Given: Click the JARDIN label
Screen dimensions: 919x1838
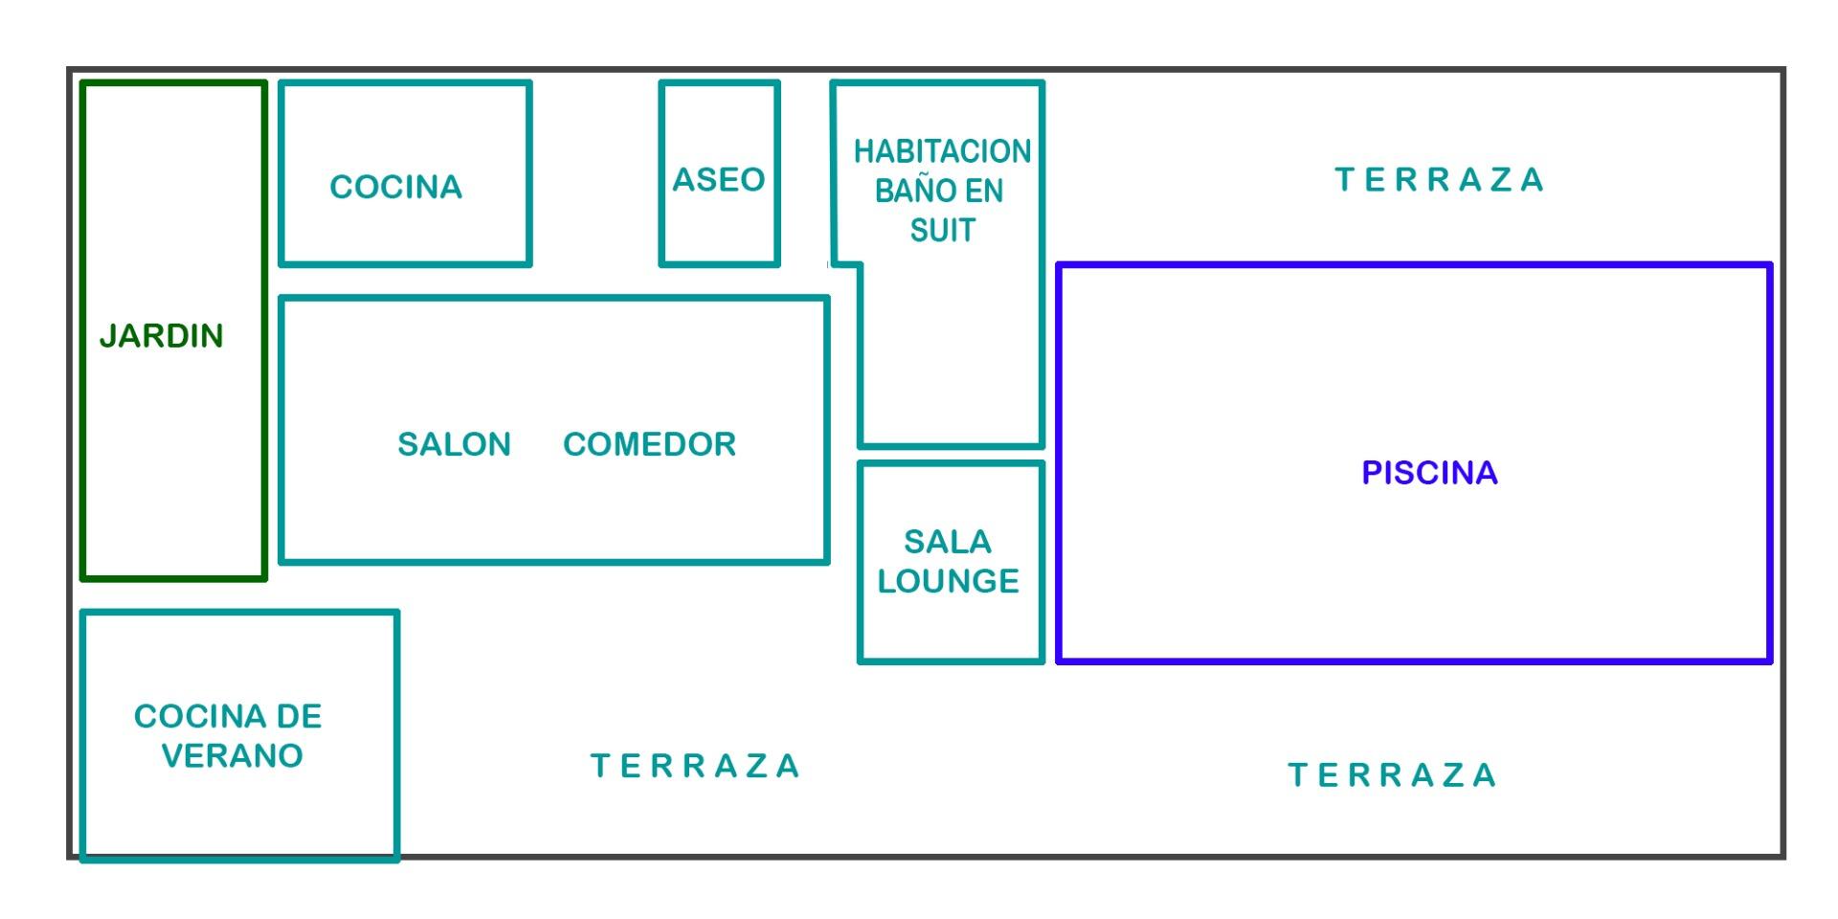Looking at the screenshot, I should coord(161,336).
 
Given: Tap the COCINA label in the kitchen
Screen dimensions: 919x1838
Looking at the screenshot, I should coord(395,187).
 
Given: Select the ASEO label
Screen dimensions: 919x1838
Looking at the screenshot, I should coord(718,179).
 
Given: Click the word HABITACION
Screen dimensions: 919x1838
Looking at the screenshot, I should coord(942,151).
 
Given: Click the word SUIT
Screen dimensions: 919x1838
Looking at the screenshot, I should coord(942,231).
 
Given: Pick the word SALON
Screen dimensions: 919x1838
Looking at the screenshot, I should coord(454,444).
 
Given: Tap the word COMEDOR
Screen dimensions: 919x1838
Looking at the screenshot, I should coord(649,444).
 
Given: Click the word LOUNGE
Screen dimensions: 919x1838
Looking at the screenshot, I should coord(948,581).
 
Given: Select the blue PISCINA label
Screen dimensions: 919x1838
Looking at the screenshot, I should coord(1429,473).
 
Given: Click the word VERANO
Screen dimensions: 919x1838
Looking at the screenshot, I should coord(232,756).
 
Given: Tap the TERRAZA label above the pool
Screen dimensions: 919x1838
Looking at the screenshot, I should coord(1439,180).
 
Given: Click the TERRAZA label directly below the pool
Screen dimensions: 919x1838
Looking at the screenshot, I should coord(1392,775).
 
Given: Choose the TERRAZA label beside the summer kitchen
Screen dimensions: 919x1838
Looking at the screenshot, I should coord(695,766).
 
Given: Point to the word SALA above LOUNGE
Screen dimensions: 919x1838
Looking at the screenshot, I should coord(947,542).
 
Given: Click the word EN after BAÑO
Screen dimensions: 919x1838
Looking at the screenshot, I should coord(984,191).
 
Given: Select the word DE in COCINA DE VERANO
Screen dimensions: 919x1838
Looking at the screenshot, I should coord(299,716).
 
